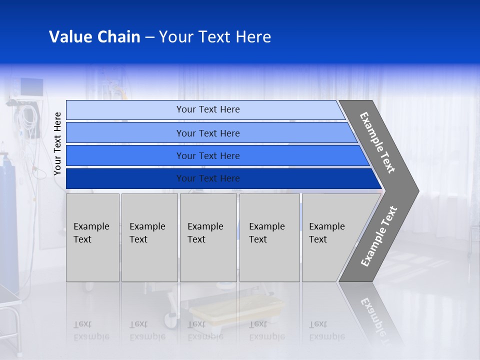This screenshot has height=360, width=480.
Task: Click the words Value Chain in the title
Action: point(94,37)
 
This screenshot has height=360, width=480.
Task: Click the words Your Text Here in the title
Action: point(215,37)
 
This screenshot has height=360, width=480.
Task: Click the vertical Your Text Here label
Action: point(57,143)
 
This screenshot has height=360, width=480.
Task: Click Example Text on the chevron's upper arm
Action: point(377,143)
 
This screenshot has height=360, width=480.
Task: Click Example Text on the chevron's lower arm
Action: point(379,236)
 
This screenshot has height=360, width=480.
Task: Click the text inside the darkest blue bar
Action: point(208,178)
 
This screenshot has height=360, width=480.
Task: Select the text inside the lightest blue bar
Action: point(208,109)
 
